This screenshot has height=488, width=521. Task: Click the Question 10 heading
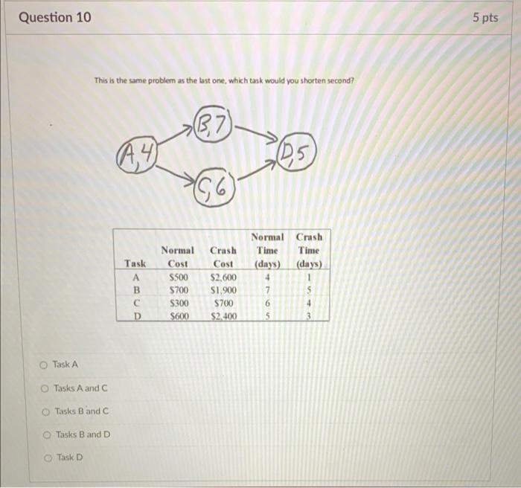[x=55, y=17]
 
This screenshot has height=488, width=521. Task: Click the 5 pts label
[x=485, y=17]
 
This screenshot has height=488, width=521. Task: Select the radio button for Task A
[x=45, y=365]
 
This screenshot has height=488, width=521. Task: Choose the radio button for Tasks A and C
[x=45, y=388]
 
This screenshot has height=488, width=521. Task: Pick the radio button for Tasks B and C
[x=45, y=411]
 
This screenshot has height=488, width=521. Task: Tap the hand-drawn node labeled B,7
[x=214, y=123]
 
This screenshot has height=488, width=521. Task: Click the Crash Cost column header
[x=223, y=257]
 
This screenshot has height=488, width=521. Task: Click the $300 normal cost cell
[x=179, y=303]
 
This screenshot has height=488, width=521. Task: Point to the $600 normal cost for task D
[x=179, y=315]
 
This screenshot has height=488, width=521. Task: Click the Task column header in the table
[x=135, y=264]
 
